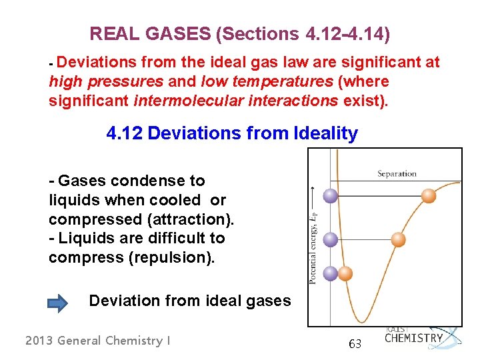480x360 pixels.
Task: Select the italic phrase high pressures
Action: coord(106,81)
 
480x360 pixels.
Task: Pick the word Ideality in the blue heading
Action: coord(325,133)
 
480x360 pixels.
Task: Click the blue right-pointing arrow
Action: coord(58,303)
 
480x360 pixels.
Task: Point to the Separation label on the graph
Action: coord(396,174)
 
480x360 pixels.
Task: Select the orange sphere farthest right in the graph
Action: coord(429,195)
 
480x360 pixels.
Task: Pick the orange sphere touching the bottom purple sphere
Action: coord(345,273)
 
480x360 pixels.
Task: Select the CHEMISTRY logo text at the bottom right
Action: coord(413,338)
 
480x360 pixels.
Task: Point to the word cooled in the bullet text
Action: coord(179,200)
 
